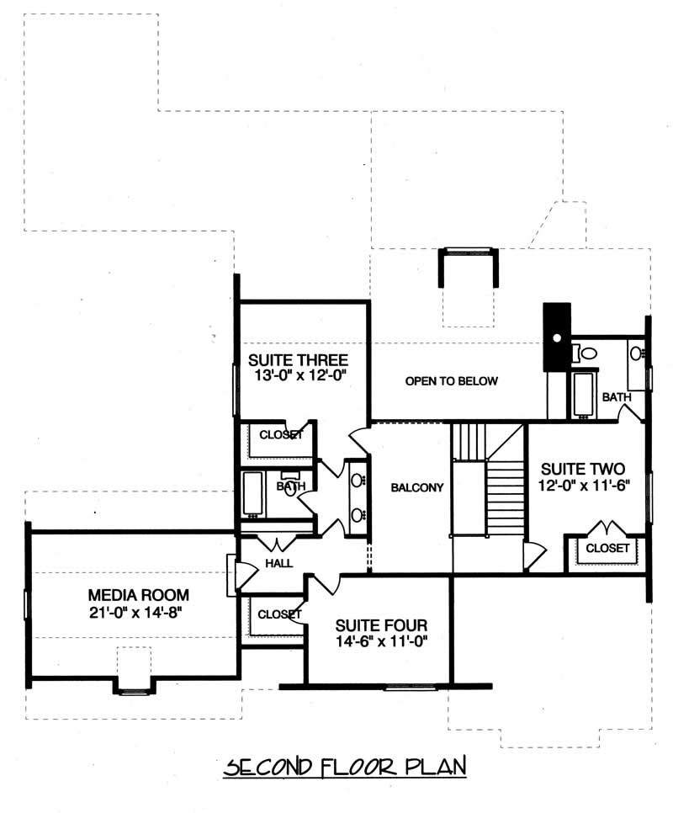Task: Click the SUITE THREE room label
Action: pyautogui.click(x=299, y=360)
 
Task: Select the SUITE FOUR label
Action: pyautogui.click(x=381, y=625)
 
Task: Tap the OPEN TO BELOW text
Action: pyautogui.click(x=451, y=381)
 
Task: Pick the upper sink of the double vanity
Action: pyautogui.click(x=357, y=481)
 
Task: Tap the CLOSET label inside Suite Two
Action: pyautogui.click(x=607, y=548)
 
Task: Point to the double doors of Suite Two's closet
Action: pyautogui.click(x=607, y=530)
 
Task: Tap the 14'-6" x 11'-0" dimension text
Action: pyautogui.click(x=381, y=643)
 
